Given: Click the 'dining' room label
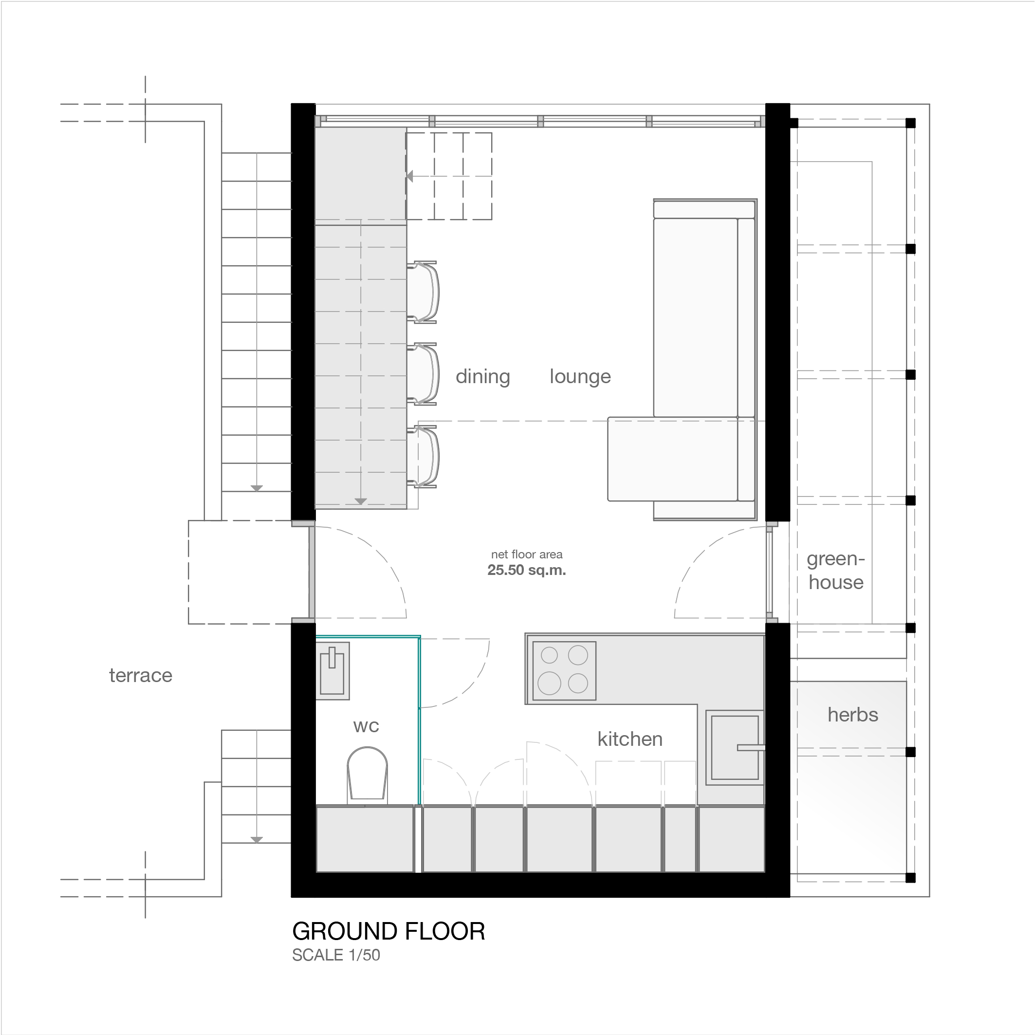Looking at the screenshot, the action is point(482,377).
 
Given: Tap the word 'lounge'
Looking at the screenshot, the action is point(580,377).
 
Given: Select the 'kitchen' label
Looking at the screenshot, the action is point(630,739).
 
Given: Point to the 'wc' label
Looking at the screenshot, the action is point(367,726).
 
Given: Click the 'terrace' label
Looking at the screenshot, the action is point(141,676).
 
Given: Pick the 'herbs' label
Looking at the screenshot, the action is point(853,715).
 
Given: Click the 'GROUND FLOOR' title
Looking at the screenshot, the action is point(389,932).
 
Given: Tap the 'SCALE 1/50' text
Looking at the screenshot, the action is point(336,955).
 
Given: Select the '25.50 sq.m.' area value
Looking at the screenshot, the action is point(527,570).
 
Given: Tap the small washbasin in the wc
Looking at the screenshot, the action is point(332,671).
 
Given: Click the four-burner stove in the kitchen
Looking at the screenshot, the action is point(564,671).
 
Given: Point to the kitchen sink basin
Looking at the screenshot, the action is point(735,748).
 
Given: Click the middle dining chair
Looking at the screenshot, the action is point(423,374).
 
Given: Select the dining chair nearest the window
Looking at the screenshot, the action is point(423,292).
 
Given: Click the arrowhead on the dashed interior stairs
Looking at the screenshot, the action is point(410,176).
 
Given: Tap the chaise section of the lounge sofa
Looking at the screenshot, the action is point(673,460).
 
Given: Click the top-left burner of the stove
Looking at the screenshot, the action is point(549,655).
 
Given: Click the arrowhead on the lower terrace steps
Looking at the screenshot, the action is point(257,839).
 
